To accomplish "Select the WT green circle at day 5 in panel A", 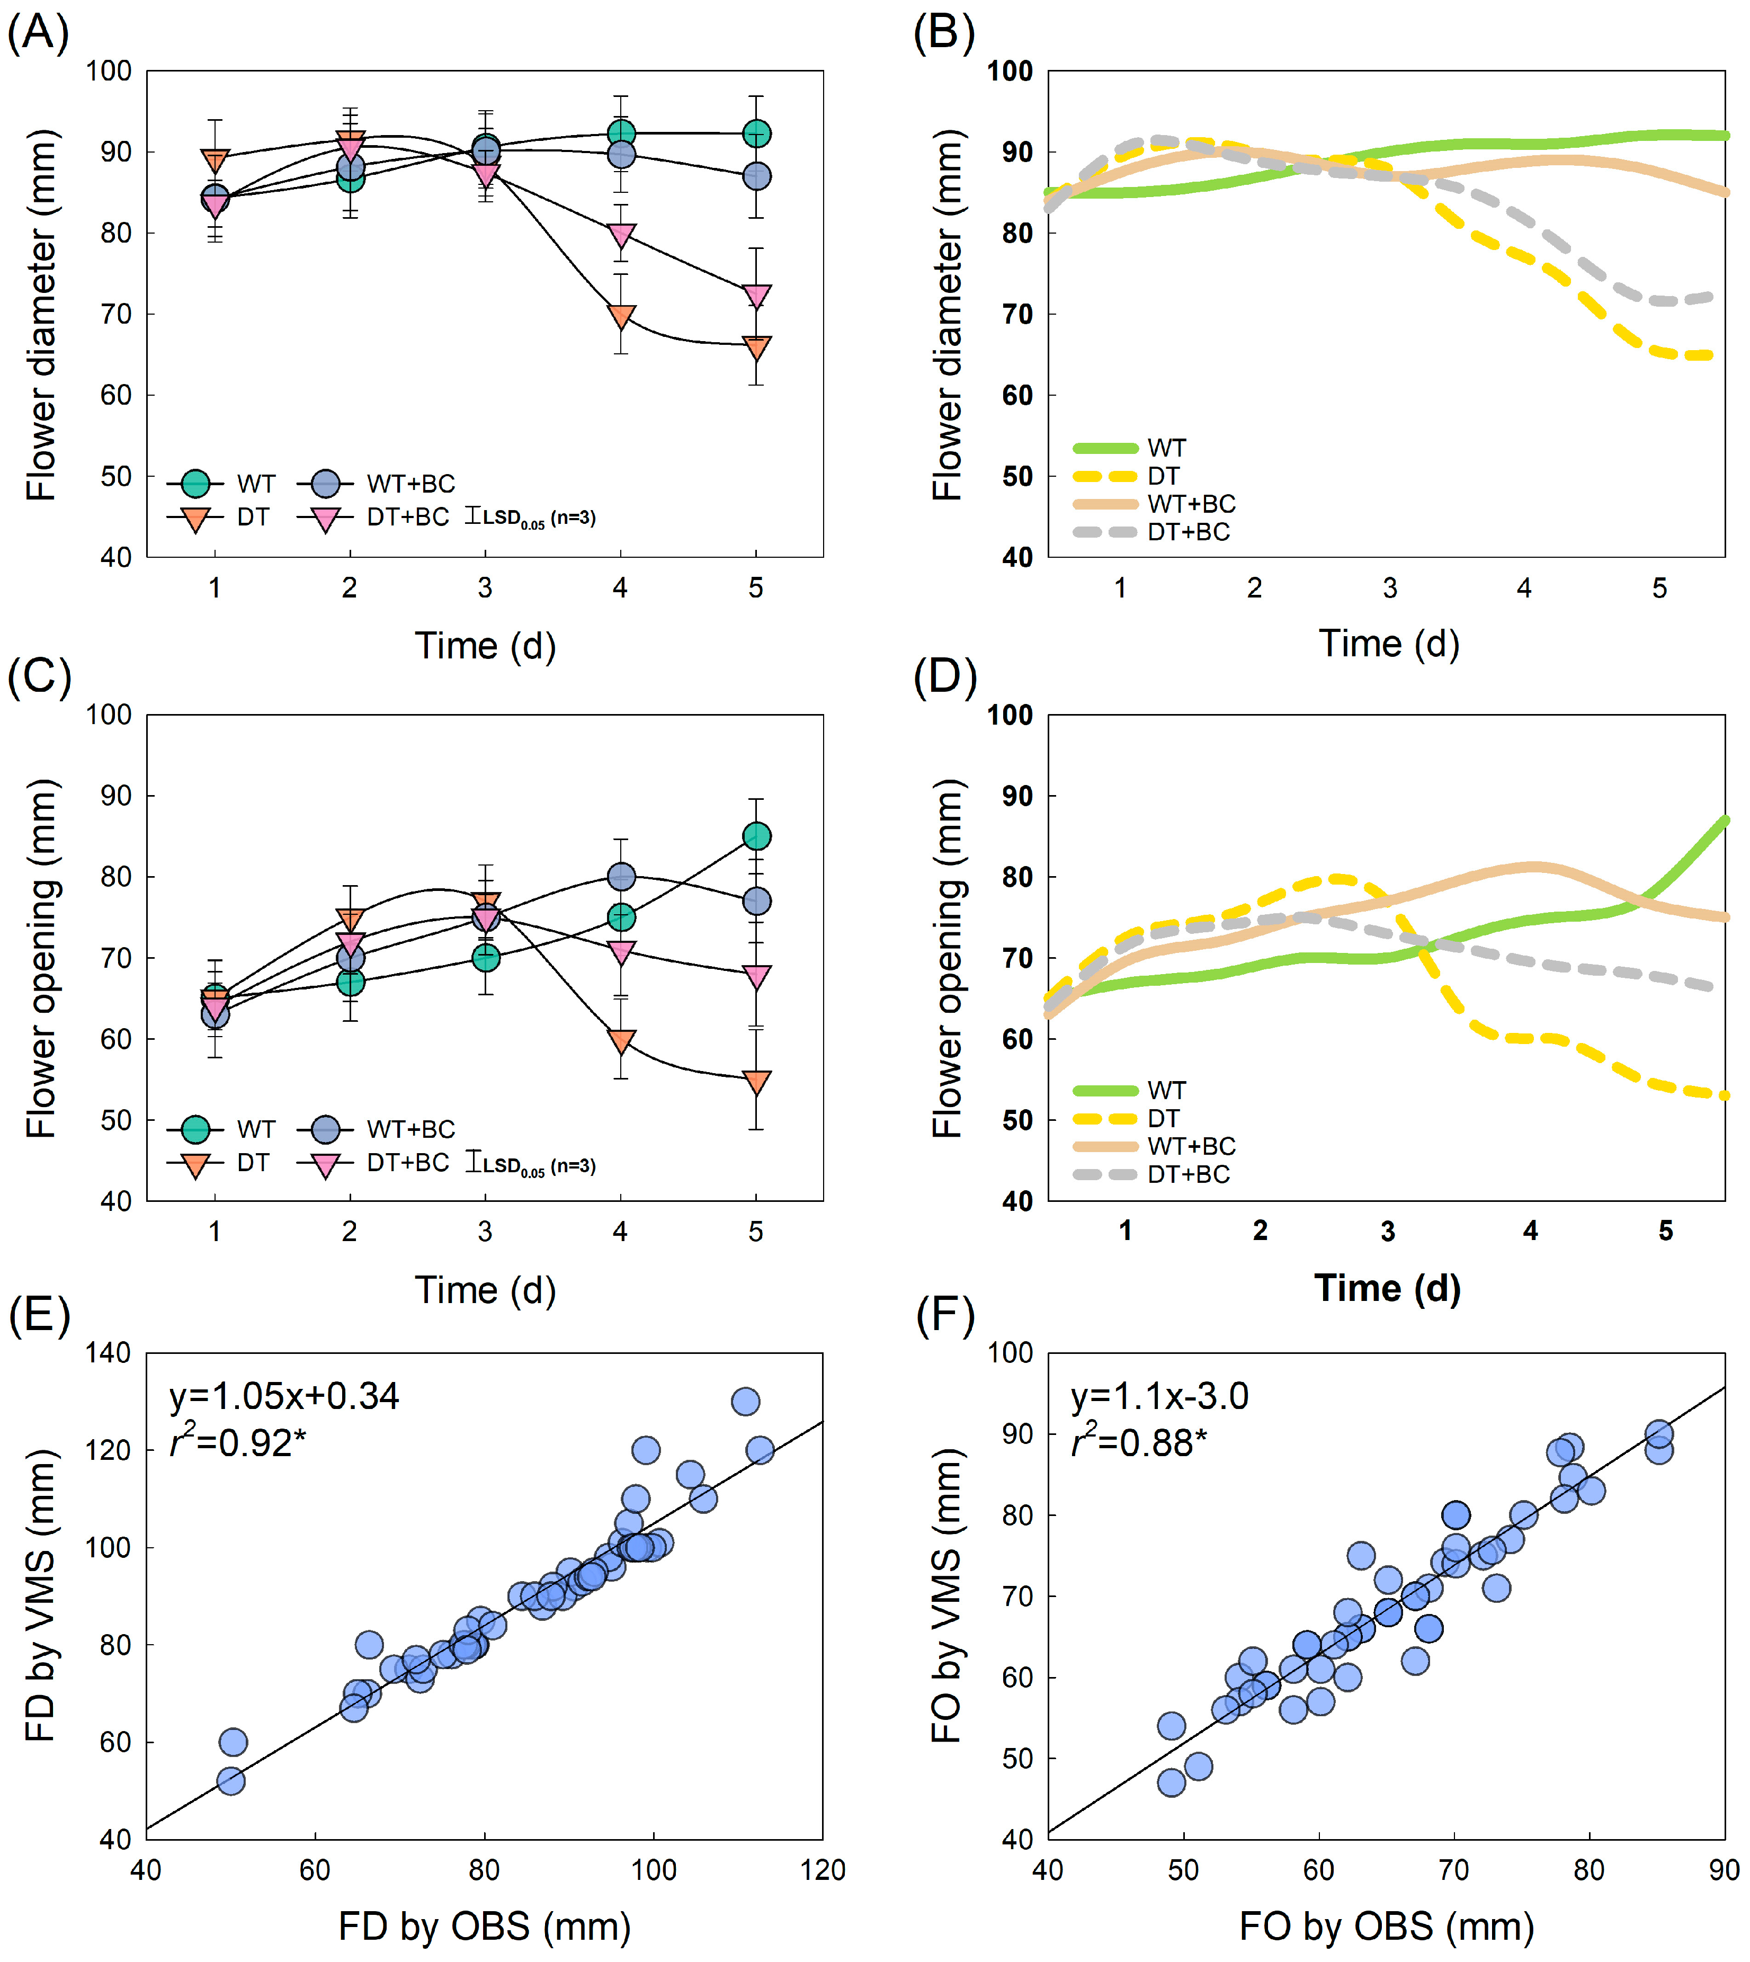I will click(x=757, y=133).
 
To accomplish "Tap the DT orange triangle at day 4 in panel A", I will click(x=621, y=316).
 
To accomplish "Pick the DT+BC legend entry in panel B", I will click(x=1154, y=532).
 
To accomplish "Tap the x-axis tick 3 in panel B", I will click(x=1389, y=588).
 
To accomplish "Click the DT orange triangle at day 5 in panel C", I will click(x=757, y=1082).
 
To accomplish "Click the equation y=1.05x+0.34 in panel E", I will click(x=284, y=1396).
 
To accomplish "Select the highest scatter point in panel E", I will click(x=745, y=1401).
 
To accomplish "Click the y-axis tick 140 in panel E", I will click(x=108, y=1353).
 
